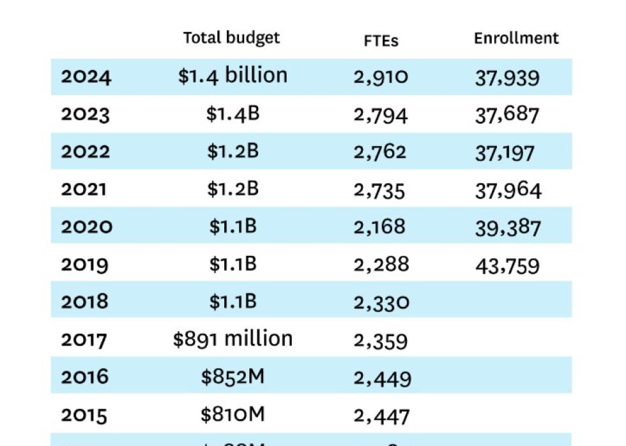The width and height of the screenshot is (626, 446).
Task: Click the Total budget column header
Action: tap(231, 38)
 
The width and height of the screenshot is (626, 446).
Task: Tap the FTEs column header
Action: tap(381, 40)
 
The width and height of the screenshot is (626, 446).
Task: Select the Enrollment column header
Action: tap(516, 38)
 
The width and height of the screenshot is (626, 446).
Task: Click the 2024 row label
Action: tap(86, 77)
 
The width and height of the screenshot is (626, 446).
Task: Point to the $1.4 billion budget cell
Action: tap(233, 75)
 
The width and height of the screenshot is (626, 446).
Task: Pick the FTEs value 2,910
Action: tap(381, 77)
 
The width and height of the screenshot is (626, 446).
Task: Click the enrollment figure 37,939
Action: tap(507, 78)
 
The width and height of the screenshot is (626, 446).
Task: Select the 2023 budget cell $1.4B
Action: tap(233, 114)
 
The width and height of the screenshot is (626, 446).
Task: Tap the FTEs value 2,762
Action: tap(380, 152)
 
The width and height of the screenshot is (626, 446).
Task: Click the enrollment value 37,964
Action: tap(508, 190)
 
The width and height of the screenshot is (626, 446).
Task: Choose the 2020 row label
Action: tap(86, 227)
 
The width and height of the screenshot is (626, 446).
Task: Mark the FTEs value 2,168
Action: tap(379, 227)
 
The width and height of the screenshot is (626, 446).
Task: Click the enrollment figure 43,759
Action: tap(507, 265)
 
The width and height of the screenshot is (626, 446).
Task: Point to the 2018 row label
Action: tap(85, 301)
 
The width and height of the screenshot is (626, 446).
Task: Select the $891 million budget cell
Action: tap(233, 338)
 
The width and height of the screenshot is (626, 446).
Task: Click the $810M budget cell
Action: tap(233, 415)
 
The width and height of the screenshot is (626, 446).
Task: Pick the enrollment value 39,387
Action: tap(508, 228)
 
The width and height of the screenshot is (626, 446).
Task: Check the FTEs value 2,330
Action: tap(381, 302)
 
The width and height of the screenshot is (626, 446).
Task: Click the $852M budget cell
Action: tap(233, 376)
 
